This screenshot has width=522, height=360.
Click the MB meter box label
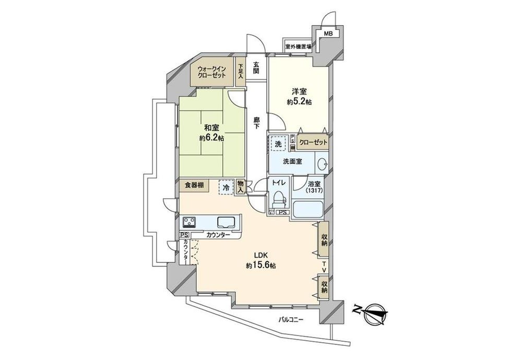pyautogui.click(x=328, y=33)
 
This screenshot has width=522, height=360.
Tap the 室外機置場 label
pyautogui.click(x=298, y=47)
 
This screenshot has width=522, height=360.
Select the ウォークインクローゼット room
pyautogui.click(x=212, y=72)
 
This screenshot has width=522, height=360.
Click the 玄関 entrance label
pyautogui.click(x=256, y=68)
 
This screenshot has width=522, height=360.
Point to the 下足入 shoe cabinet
pyautogui.click(x=240, y=72)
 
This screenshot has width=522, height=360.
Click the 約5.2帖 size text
pyautogui.click(x=299, y=102)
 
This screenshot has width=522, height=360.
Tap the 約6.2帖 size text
pyautogui.click(x=211, y=138)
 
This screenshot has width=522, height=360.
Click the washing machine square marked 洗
pyautogui.click(x=278, y=144)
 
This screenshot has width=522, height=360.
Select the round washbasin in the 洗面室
pyautogui.click(x=322, y=163)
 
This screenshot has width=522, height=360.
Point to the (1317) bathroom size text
pyautogui.click(x=314, y=191)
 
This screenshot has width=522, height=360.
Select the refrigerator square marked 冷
pyautogui.click(x=226, y=187)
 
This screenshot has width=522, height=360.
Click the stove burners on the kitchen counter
pyautogui.click(x=189, y=221)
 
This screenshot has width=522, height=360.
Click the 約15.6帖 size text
pyautogui.click(x=261, y=266)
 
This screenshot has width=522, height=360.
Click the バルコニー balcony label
pyautogui.click(x=291, y=320)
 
